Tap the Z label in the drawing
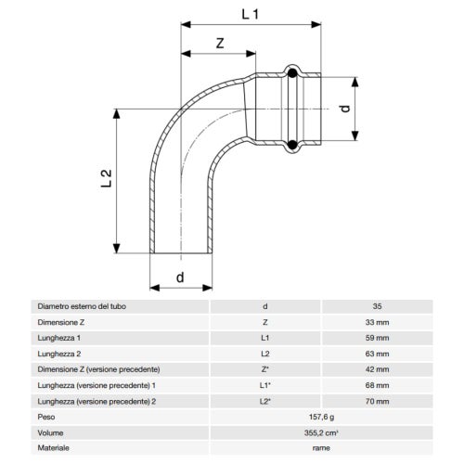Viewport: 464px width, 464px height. pyautogui.click(x=218, y=44)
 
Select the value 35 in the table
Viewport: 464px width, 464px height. pyautogui.click(x=376, y=304)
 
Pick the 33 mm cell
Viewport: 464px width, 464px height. pyautogui.click(x=376, y=320)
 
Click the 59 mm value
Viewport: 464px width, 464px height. pyautogui.click(x=376, y=337)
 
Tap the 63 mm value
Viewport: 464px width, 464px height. pyautogui.click(x=376, y=354)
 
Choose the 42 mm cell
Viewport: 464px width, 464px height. pyautogui.click(x=376, y=370)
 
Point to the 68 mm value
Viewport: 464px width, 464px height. pyautogui.click(x=376, y=387)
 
